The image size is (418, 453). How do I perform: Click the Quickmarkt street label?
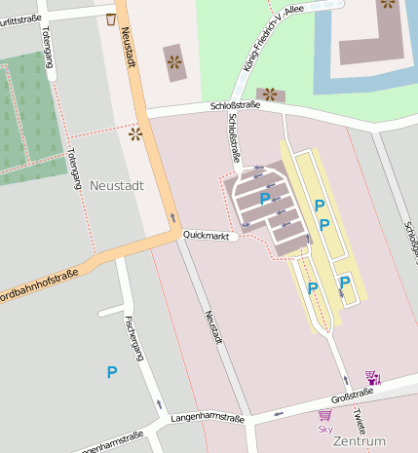[x=207, y=236]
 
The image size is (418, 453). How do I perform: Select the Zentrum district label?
[x=359, y=441]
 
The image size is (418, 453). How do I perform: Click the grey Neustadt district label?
[x=117, y=184]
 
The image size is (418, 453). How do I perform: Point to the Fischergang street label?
[x=134, y=338]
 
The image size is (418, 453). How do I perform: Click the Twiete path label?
[x=359, y=420]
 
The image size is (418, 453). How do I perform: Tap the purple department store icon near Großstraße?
[x=372, y=377]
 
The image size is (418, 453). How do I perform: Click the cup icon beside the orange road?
[x=111, y=19]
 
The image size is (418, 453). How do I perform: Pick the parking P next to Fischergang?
[x=112, y=371]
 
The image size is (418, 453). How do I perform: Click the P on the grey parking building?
[x=265, y=198]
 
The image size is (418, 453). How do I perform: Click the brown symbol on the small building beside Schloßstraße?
[x=270, y=94]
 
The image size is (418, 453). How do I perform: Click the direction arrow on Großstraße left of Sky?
[x=278, y=413]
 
